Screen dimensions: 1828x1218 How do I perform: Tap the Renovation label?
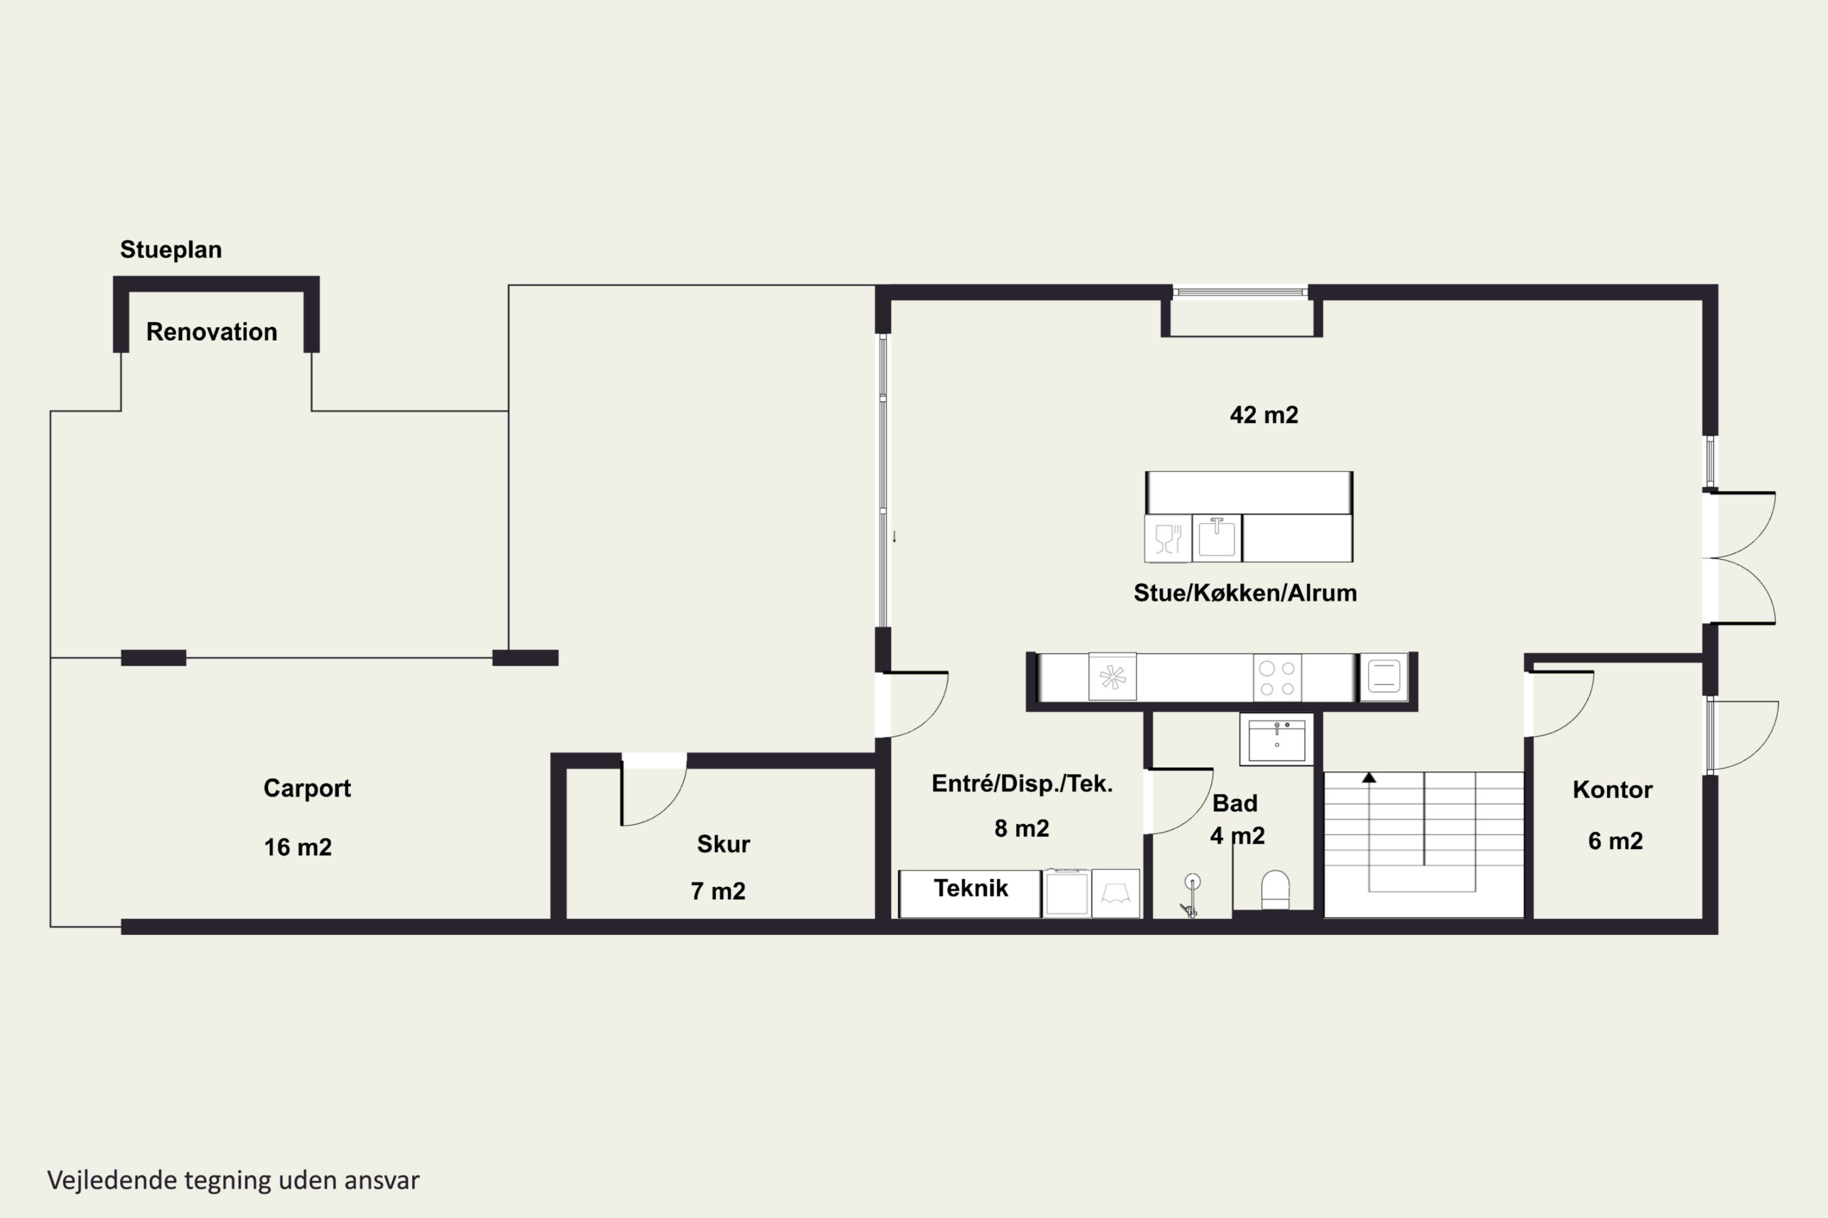211,332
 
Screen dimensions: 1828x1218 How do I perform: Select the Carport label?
307,789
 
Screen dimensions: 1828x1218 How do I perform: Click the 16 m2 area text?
298,847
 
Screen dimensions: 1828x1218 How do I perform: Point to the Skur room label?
723,843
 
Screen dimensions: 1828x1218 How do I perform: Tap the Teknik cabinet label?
971,888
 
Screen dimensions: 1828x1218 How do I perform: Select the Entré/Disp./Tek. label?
1022,784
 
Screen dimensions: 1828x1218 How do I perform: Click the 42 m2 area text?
1264,415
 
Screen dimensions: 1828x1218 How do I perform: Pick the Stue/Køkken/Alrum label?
1245,593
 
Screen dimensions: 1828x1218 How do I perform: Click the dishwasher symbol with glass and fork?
1167,538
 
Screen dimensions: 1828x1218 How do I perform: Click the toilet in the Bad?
1275,889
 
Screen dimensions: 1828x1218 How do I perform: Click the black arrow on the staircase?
1369,778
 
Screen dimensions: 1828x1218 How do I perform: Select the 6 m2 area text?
1615,840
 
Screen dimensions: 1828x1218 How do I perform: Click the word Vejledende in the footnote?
113,1180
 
